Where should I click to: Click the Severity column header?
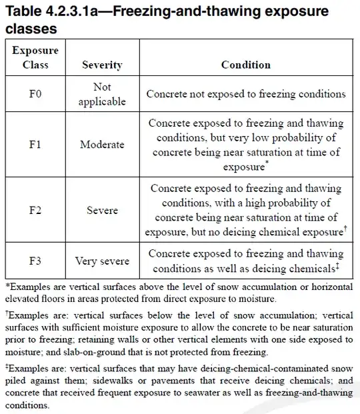point(102,65)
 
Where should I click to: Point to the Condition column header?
point(246,65)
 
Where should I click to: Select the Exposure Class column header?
point(35,58)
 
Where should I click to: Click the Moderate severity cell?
point(102,144)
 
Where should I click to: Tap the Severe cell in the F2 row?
point(102,210)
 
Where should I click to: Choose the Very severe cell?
point(102,260)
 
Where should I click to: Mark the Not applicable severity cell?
point(102,95)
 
